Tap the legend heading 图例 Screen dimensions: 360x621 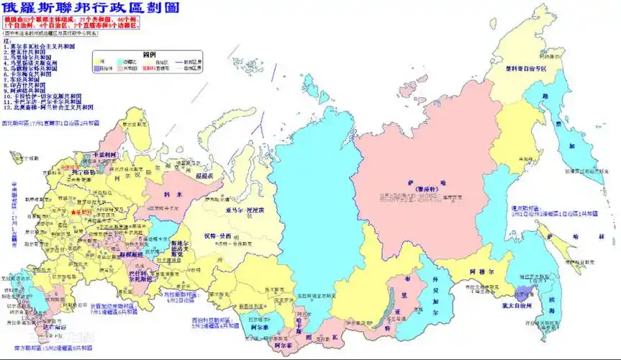click(x=150, y=54)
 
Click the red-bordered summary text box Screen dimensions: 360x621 click(x=71, y=22)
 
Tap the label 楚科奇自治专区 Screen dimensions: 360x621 click(x=525, y=69)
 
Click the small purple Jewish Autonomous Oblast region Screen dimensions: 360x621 click(x=522, y=292)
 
